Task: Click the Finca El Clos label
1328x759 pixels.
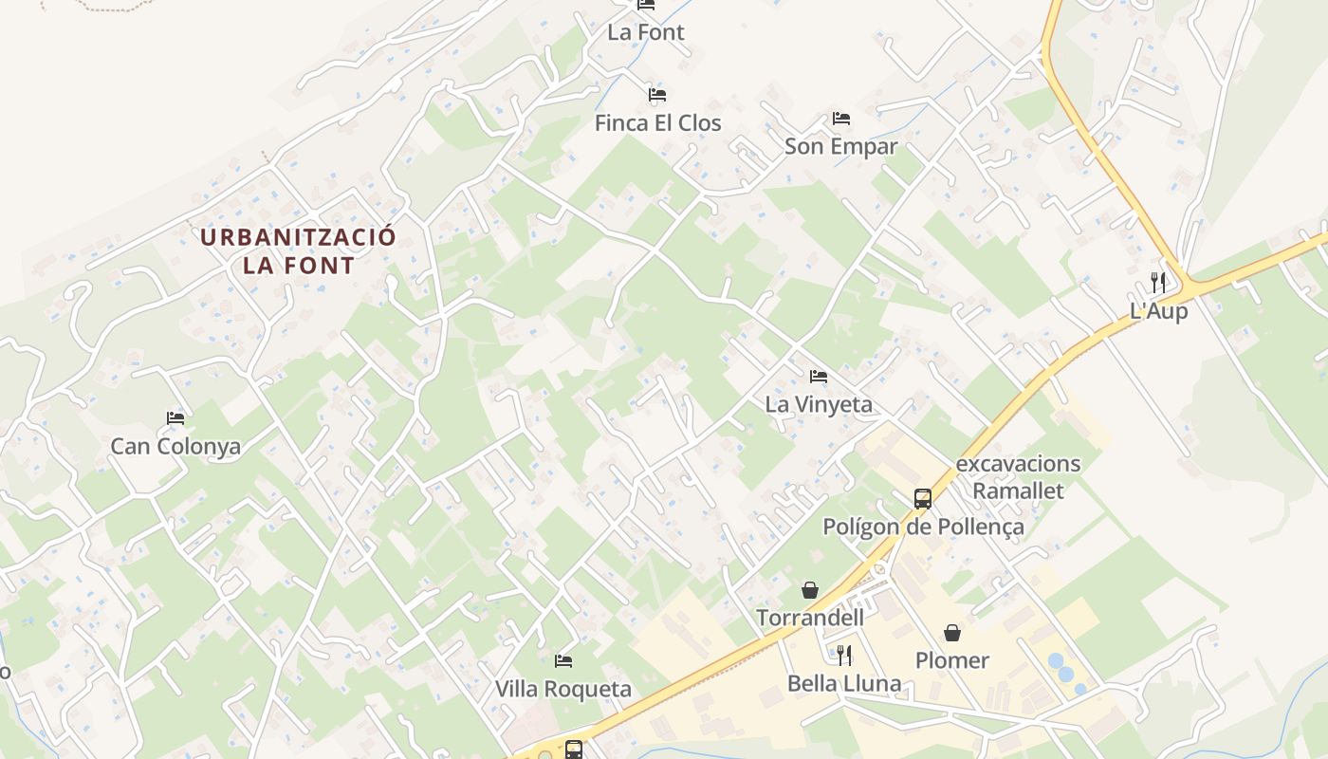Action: (x=657, y=123)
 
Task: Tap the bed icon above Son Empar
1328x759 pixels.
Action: (x=840, y=119)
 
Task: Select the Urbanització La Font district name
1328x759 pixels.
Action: (x=298, y=251)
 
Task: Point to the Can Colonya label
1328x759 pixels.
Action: (x=175, y=447)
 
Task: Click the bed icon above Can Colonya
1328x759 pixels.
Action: (x=175, y=417)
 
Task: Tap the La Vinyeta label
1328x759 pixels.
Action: (x=818, y=405)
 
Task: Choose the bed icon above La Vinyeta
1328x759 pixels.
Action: (x=818, y=377)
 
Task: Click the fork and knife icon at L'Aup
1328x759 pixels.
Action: (x=1157, y=282)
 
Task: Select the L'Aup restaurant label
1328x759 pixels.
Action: (x=1158, y=311)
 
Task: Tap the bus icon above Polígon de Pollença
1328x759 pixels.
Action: (x=922, y=498)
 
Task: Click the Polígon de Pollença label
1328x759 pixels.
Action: (x=923, y=528)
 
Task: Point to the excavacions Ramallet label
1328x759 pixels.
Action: (x=1018, y=477)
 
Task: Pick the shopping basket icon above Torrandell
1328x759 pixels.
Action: (x=809, y=590)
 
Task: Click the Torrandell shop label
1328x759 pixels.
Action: (x=810, y=619)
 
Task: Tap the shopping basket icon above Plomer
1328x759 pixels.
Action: (x=951, y=632)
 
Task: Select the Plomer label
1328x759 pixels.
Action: (x=951, y=660)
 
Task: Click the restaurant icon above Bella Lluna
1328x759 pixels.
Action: (x=843, y=655)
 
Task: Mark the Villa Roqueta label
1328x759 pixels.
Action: (x=563, y=690)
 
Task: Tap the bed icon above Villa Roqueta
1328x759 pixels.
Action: (x=563, y=660)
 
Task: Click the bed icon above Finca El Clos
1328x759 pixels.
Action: (x=657, y=95)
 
